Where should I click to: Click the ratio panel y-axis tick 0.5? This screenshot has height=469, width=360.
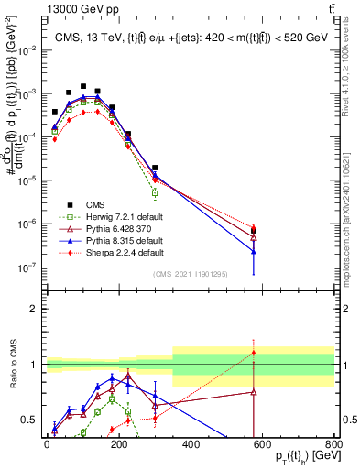[32, 420]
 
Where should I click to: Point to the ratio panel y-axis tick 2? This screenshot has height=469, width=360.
[36, 308]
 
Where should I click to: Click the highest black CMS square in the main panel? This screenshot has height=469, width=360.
[83, 86]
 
